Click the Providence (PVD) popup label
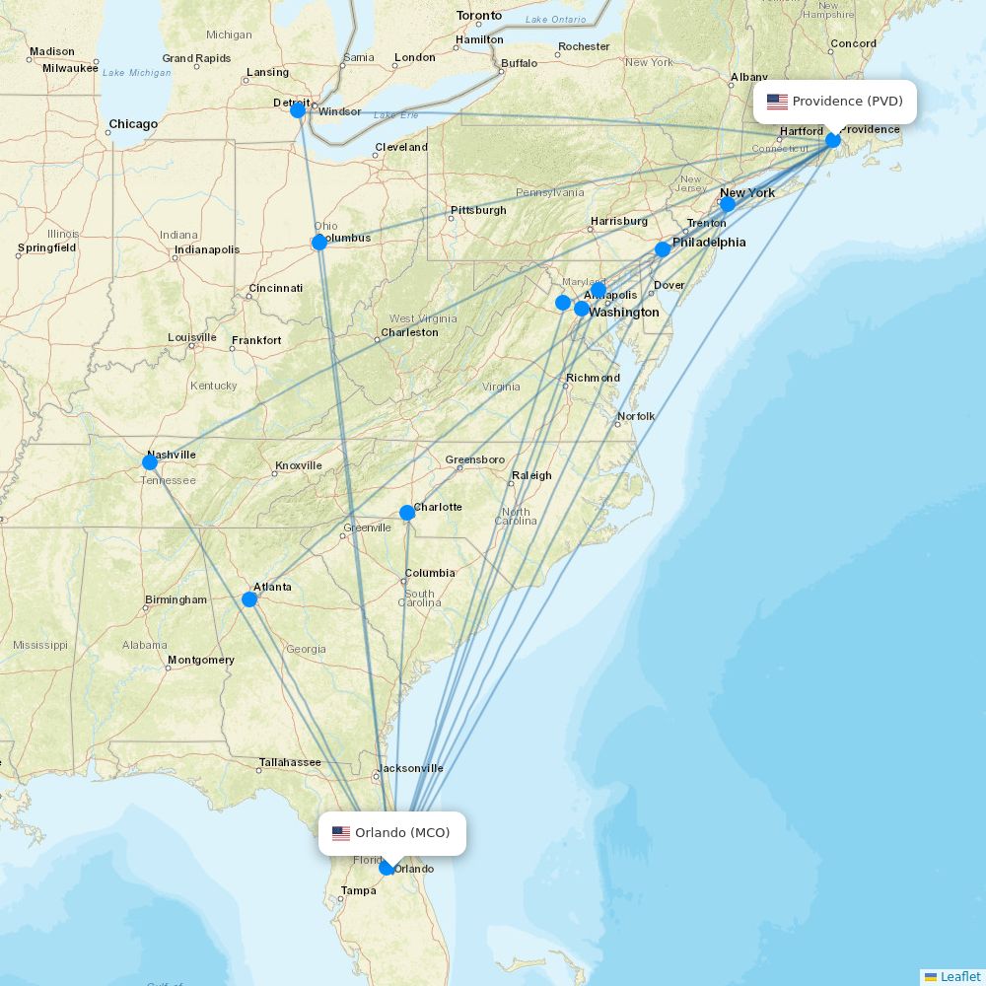(x=836, y=102)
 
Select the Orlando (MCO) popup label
(x=392, y=833)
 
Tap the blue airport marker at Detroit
(x=298, y=110)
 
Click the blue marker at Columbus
(x=319, y=243)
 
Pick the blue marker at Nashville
(x=150, y=462)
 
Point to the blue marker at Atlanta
(x=249, y=599)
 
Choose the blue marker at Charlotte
(x=407, y=513)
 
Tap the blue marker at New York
(x=728, y=205)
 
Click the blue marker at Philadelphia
(x=663, y=249)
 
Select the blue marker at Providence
(x=833, y=140)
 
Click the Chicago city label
(x=133, y=124)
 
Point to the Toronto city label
(x=479, y=16)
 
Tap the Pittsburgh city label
(x=478, y=210)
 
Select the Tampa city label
(x=358, y=890)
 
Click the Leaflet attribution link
(x=959, y=976)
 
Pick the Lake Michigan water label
(x=136, y=73)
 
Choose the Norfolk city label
(x=636, y=416)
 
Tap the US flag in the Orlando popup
(x=341, y=833)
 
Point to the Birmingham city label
(x=176, y=599)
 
